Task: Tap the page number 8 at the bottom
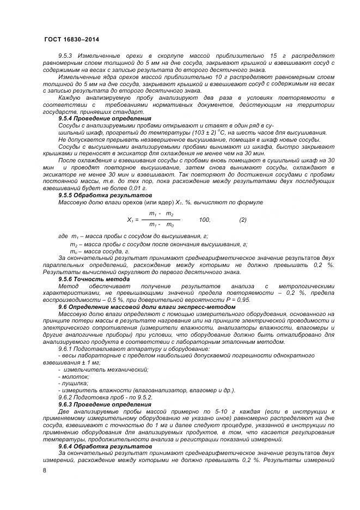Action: pos(45,470)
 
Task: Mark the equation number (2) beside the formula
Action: pos(243,220)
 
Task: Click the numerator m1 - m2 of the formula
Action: pos(161,214)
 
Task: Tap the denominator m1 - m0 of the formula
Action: pos(161,225)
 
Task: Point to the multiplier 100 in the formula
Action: pos(204,220)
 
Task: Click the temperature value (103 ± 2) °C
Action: pos(197,132)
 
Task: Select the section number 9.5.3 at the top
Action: pos(66,56)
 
